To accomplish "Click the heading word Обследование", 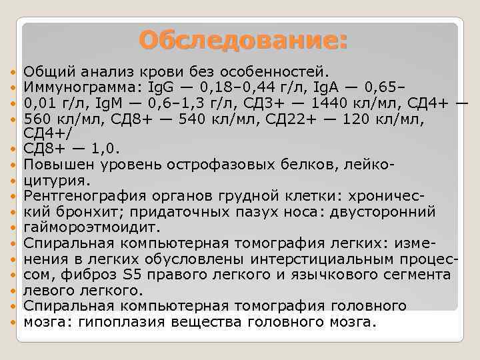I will pyautogui.click(x=243, y=40).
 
